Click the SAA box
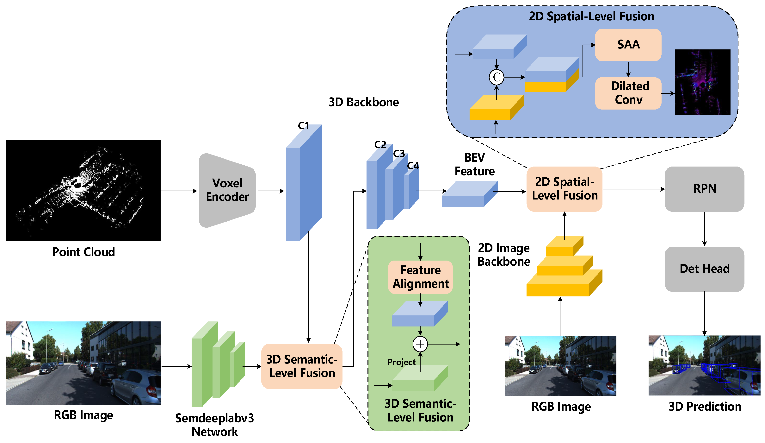(628, 45)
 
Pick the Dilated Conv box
(628, 93)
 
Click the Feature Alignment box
(420, 277)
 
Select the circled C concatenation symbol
(496, 77)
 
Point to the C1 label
(303, 125)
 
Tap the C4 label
(413, 166)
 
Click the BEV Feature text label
(474, 164)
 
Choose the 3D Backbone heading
(363, 102)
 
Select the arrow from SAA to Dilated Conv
(628, 69)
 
